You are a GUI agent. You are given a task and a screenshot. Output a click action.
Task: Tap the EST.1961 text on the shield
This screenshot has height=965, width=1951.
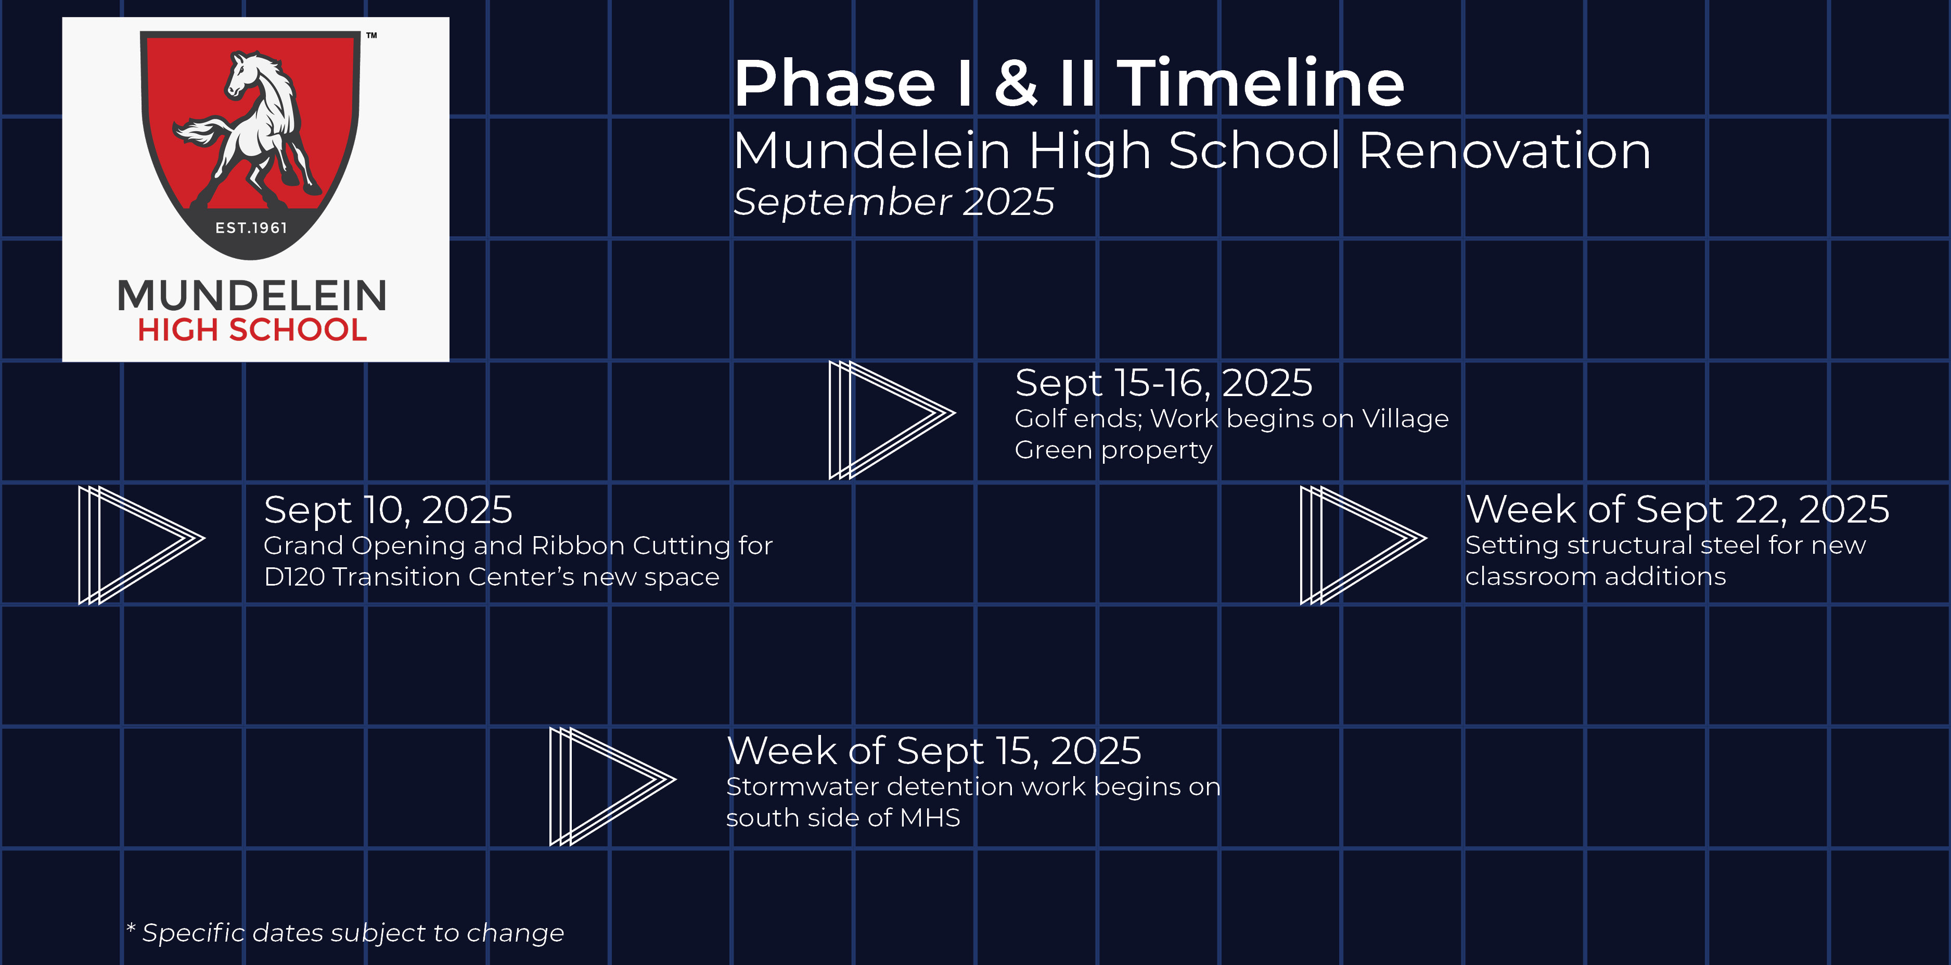251,227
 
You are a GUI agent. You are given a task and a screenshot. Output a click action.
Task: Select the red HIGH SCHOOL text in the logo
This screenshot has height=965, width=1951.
252,329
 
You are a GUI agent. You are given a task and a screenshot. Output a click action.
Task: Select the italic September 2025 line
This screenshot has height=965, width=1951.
894,201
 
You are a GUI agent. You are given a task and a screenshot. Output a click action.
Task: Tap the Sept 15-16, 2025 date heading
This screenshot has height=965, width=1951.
1163,383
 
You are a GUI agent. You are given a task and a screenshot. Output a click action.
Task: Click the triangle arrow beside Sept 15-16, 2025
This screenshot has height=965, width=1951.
893,419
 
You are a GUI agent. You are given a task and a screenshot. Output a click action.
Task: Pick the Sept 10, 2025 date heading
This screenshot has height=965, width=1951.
388,510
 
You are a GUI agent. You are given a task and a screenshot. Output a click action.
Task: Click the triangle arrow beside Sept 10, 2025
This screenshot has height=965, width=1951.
142,544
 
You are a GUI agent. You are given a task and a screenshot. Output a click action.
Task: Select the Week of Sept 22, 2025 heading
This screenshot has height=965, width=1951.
1677,509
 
